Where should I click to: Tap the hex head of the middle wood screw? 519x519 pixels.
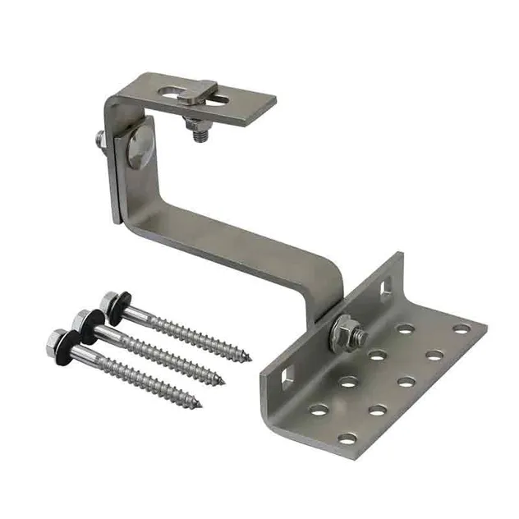pyautogui.click(x=80, y=318)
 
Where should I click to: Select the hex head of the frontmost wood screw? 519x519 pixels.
pyautogui.click(x=57, y=338)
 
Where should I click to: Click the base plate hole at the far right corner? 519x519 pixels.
pyautogui.click(x=461, y=328)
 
